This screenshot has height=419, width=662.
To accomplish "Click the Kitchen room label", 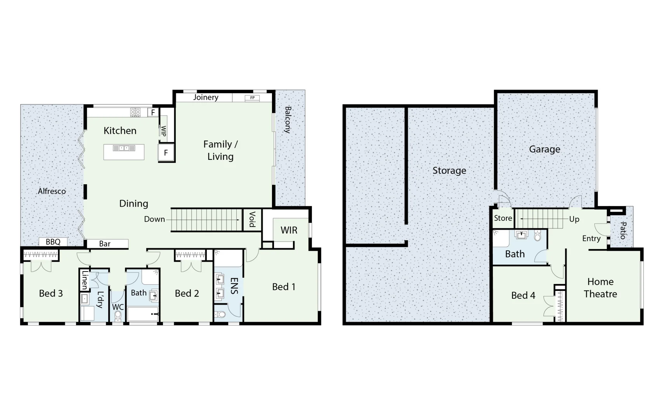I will pyautogui.click(x=120, y=131).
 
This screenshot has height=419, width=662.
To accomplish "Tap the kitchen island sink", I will pyautogui.click(x=124, y=148).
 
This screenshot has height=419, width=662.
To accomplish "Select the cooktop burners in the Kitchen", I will pyautogui.click(x=135, y=113).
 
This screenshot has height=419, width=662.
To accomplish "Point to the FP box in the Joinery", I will pyautogui.click(x=252, y=98).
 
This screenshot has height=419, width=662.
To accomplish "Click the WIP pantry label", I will pyautogui.click(x=164, y=131).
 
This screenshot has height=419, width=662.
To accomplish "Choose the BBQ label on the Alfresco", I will pyautogui.click(x=53, y=242).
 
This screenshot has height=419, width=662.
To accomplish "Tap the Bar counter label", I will pyautogui.click(x=105, y=244).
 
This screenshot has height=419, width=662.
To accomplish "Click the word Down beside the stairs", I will pyautogui.click(x=154, y=219).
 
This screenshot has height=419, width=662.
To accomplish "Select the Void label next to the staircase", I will pyautogui.click(x=252, y=219).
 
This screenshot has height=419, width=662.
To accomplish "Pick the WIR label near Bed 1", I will pyautogui.click(x=289, y=230).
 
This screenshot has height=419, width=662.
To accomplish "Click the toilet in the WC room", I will pyautogui.click(x=118, y=316).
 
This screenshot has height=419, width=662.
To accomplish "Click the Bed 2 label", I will pyautogui.click(x=187, y=294).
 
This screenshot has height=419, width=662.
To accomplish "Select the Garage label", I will pyautogui.click(x=544, y=149).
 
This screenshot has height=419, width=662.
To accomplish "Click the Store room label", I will pyautogui.click(x=503, y=218).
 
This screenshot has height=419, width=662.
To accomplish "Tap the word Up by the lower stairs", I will pyautogui.click(x=574, y=219).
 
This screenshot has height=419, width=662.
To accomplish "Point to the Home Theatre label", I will pyautogui.click(x=600, y=288).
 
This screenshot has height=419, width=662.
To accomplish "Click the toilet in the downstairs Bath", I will pyautogui.click(x=537, y=235).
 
